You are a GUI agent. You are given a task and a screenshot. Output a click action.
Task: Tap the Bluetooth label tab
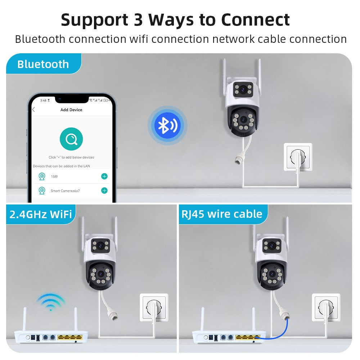click(x=43, y=64)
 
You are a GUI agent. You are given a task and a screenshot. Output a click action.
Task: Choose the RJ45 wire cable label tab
click(x=222, y=214)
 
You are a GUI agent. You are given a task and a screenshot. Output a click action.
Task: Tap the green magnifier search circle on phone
click(x=71, y=139)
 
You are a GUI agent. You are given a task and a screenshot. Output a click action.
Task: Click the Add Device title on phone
click(x=71, y=110)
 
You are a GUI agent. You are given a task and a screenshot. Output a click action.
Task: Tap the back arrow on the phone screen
click(x=33, y=110)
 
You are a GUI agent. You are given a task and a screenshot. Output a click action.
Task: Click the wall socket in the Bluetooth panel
click(x=298, y=157)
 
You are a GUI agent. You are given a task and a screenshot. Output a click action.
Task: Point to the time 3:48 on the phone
click(x=43, y=100)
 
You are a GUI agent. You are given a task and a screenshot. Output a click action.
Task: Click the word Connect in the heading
click(x=255, y=19)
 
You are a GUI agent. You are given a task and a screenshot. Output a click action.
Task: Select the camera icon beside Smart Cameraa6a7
click(x=42, y=190)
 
